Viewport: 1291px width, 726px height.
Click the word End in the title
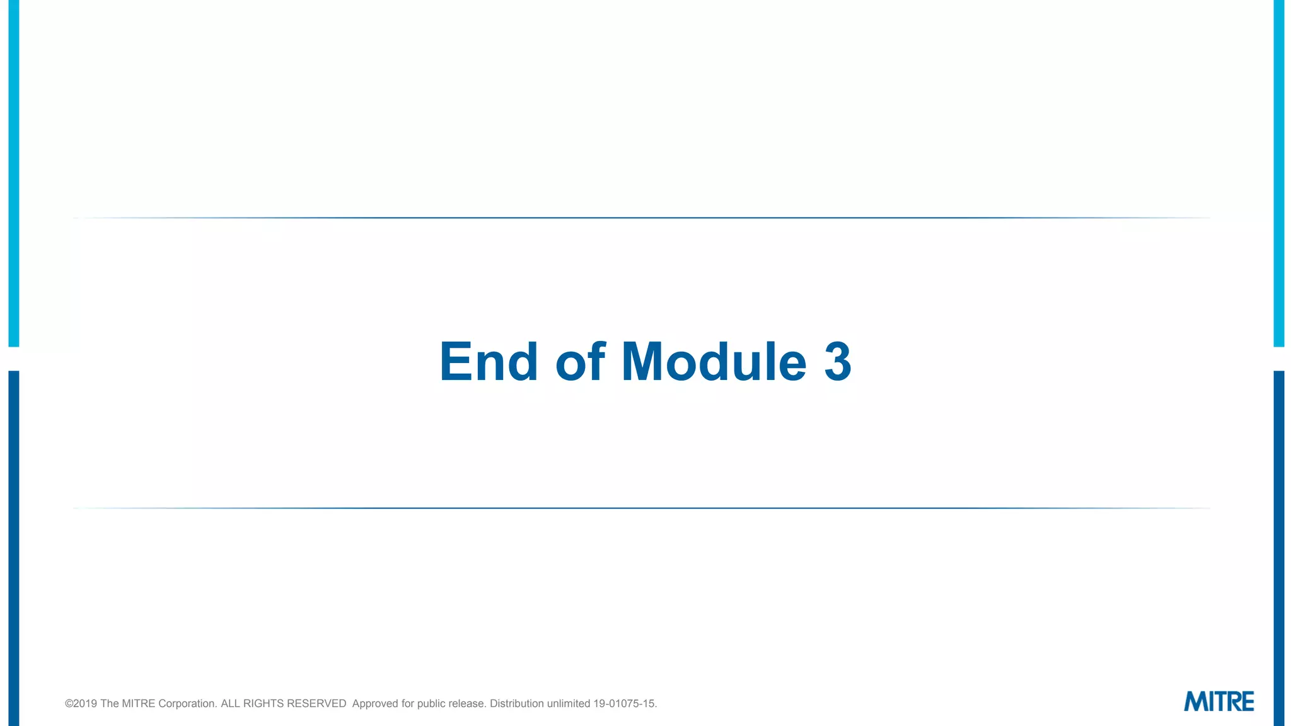(x=489, y=362)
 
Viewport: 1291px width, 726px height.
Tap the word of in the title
(x=580, y=362)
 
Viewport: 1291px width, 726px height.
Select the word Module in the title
(x=714, y=362)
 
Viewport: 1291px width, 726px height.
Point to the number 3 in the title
(x=838, y=362)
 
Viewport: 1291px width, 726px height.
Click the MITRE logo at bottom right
(x=1219, y=701)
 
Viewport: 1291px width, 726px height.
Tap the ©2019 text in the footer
(x=81, y=704)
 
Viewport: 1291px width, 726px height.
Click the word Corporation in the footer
(x=187, y=704)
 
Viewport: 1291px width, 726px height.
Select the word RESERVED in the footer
(x=316, y=704)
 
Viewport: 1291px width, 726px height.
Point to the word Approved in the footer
(x=375, y=704)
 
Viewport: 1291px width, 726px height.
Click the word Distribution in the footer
(x=516, y=704)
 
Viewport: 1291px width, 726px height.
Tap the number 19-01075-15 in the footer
(x=624, y=704)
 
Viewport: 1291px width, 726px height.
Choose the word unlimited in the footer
(x=568, y=704)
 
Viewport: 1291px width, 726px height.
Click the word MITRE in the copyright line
(x=138, y=704)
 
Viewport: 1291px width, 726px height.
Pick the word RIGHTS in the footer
(x=263, y=704)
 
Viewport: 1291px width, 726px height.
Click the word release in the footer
(x=467, y=704)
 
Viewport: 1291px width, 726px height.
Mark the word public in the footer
(x=431, y=704)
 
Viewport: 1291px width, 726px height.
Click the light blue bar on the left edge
(x=13, y=173)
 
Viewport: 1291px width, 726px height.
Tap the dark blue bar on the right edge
(x=1278, y=548)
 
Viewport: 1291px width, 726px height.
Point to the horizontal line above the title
(x=642, y=218)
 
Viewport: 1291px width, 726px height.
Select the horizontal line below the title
(x=642, y=508)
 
